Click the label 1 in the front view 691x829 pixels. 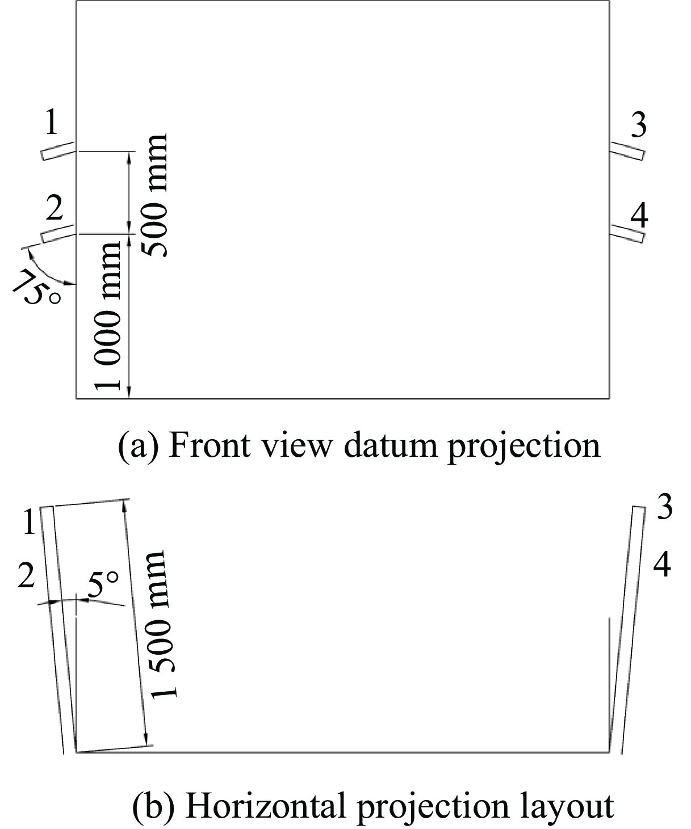coord(52,122)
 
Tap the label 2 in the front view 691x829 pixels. coord(54,209)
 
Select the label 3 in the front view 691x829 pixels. coord(639,125)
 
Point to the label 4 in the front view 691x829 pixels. coord(639,216)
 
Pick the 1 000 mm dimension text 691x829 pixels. coord(108,315)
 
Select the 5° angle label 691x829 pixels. coord(103,586)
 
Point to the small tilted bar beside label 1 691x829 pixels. coord(58,151)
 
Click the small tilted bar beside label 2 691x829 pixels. coord(58,233)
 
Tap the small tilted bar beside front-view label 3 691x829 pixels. coord(627,150)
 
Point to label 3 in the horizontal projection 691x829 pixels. coord(664,507)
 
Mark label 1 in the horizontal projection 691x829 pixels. coord(30,522)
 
